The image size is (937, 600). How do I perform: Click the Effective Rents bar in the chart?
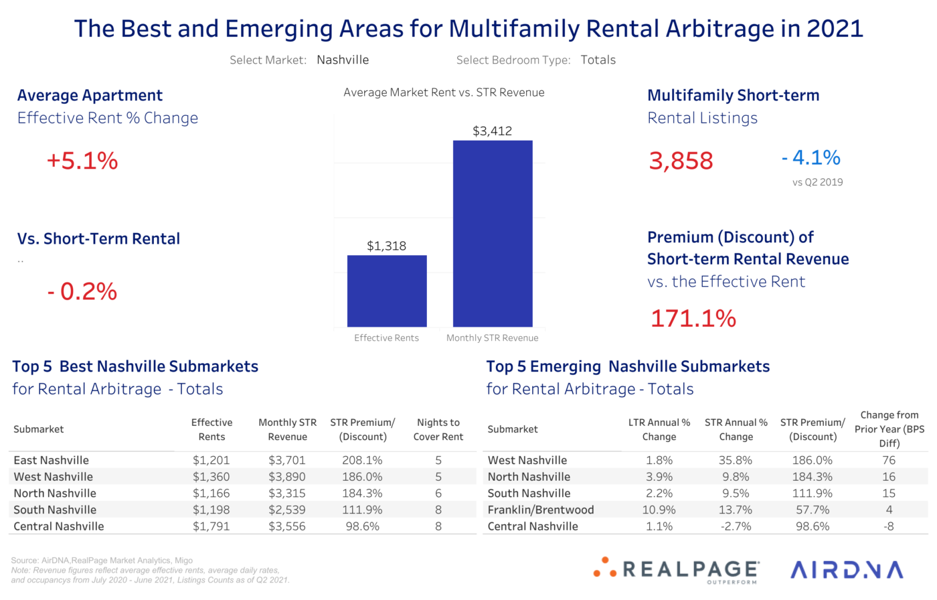[x=387, y=291]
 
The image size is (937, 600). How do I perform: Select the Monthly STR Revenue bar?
[x=493, y=234]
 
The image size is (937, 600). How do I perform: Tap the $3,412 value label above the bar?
[x=492, y=131]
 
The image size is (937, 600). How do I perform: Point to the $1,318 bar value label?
[x=386, y=246]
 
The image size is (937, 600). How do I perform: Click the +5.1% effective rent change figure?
[x=82, y=161]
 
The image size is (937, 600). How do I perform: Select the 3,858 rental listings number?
[x=681, y=161]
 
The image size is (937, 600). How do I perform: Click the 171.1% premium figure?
[x=693, y=318]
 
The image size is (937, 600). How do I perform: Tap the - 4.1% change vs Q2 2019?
[x=811, y=158]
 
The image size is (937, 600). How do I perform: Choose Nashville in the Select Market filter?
[x=343, y=60]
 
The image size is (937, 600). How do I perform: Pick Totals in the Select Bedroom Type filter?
[x=598, y=60]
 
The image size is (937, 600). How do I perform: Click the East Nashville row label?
[x=52, y=461]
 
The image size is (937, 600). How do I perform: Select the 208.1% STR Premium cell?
[x=362, y=461]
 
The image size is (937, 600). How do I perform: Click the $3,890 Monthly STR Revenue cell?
[x=287, y=477]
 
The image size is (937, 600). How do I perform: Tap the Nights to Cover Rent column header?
[x=438, y=430]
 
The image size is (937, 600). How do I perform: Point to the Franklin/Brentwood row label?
[x=541, y=510]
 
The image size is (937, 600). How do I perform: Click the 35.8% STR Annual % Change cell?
[x=736, y=461]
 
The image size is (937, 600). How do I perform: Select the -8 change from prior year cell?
[x=888, y=526]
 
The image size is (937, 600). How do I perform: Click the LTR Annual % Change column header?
[x=659, y=430]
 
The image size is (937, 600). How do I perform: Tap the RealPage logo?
[x=677, y=571]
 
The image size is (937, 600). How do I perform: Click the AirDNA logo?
[x=847, y=570]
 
